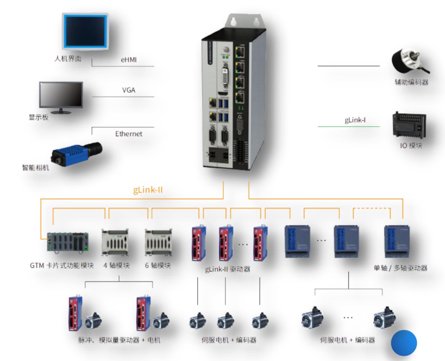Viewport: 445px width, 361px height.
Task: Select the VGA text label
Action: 129,90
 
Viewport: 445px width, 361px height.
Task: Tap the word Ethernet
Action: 129,133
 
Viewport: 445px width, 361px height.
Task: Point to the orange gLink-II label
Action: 148,190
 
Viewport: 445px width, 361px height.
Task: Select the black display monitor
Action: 61,97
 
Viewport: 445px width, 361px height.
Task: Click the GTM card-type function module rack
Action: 67,242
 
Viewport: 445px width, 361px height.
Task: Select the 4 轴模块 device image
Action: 115,241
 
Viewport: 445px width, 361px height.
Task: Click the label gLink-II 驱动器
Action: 228,269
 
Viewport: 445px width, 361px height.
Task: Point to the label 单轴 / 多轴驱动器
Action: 400,268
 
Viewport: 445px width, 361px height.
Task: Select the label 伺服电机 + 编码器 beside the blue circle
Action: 347,340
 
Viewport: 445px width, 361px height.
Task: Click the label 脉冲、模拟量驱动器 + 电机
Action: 119,340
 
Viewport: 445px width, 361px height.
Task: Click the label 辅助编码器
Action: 411,82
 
